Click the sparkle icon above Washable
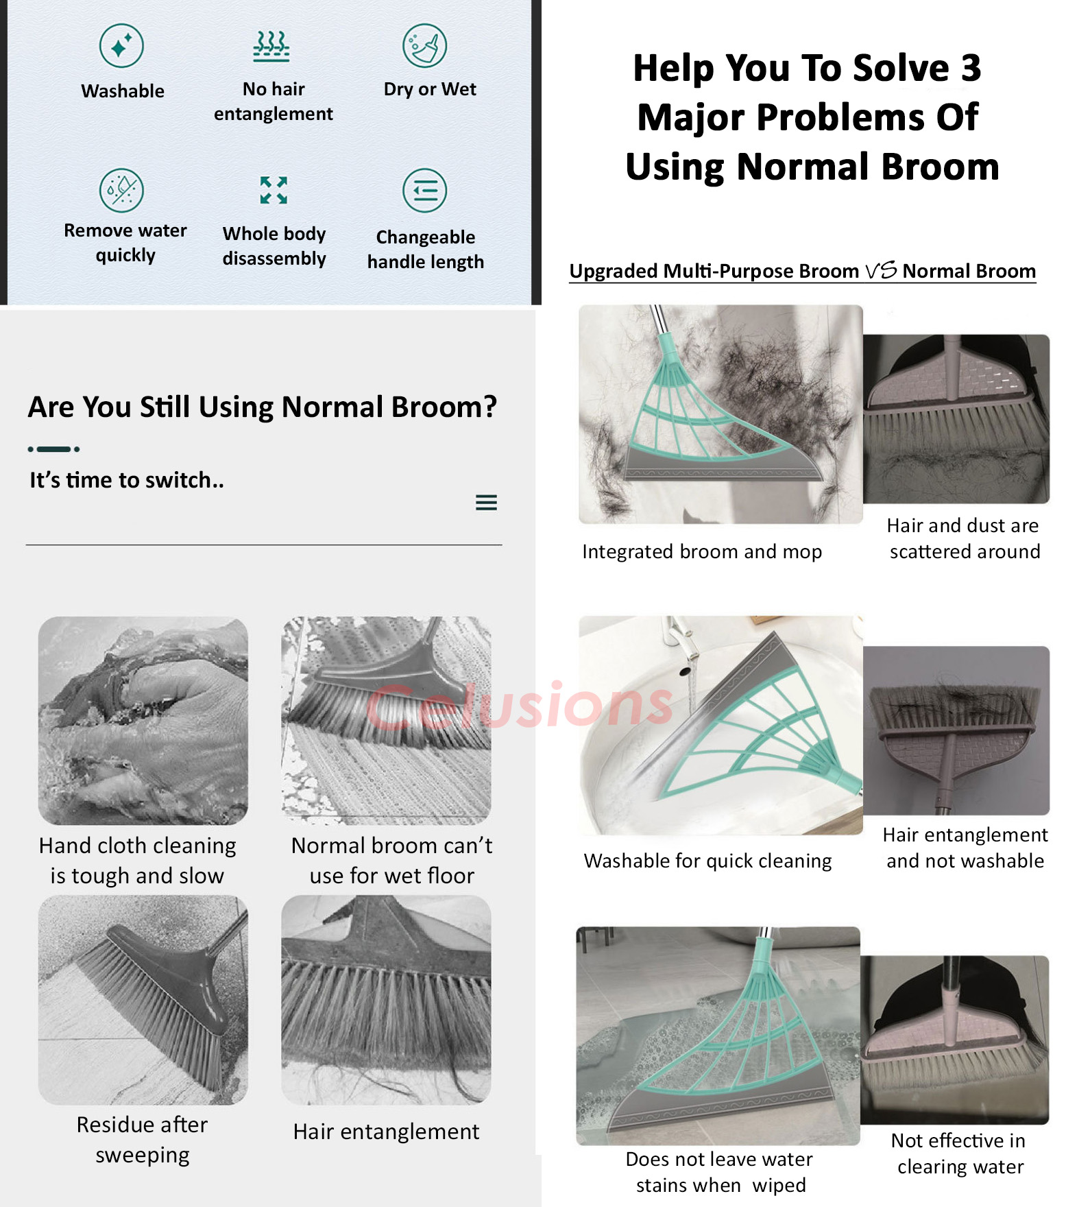(121, 46)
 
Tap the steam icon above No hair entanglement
(272, 46)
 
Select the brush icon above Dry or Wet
(424, 46)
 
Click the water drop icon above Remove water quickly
(121, 190)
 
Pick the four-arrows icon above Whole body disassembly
(274, 190)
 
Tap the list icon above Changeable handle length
(425, 190)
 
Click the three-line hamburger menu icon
(486, 503)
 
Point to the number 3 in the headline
(971, 68)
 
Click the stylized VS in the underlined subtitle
(881, 270)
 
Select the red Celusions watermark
(520, 704)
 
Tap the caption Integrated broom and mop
(702, 551)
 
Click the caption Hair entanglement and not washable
(965, 848)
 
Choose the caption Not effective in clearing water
(960, 1154)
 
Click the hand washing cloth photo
(143, 720)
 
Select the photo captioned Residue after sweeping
(143, 1000)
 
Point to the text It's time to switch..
(127, 480)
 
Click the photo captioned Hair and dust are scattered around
(956, 419)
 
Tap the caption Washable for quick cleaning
(707, 861)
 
